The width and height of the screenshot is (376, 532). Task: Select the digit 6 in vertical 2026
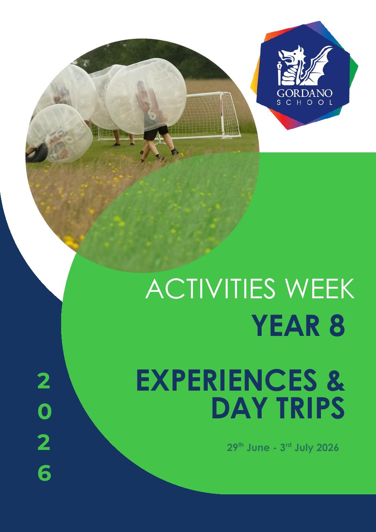[44, 473]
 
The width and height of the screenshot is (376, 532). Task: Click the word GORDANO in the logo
[305, 93]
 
